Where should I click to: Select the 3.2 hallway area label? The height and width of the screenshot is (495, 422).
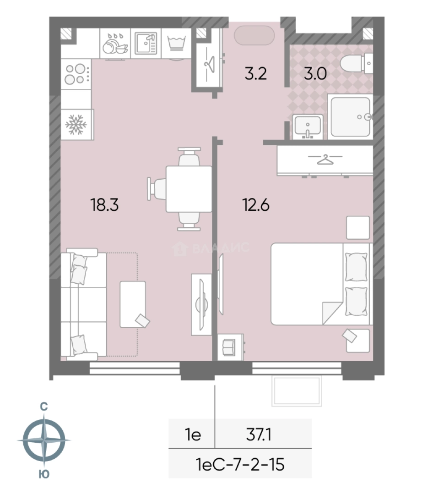[x=255, y=73]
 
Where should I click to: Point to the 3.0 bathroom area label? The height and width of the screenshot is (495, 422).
[x=315, y=73]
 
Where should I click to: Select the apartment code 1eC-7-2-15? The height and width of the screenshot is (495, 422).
[x=240, y=464]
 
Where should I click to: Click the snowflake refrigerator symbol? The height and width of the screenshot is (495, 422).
[x=76, y=124]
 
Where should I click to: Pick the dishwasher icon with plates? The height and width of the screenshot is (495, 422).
[x=115, y=44]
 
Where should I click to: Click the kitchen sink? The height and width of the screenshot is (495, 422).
[x=146, y=43]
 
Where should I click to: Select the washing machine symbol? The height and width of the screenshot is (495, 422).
[x=177, y=44]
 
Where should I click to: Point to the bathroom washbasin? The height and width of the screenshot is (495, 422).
[x=308, y=126]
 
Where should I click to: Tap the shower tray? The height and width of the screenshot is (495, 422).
[x=351, y=117]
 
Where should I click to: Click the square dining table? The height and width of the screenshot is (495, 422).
[x=189, y=189]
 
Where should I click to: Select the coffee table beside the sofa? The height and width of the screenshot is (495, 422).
[x=133, y=304]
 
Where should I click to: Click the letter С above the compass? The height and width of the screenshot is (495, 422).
[x=44, y=407]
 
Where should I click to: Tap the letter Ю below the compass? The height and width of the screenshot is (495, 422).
[x=44, y=474]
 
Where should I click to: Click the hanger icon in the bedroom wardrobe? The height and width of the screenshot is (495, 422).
[x=325, y=159]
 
